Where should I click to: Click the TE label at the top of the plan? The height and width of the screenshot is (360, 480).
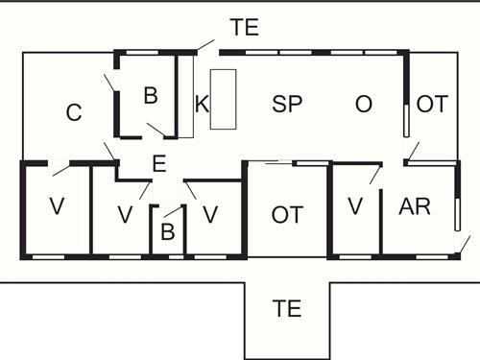click(245, 28)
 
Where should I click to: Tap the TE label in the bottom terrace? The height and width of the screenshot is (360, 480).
click(287, 309)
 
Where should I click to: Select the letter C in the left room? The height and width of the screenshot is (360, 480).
click(74, 113)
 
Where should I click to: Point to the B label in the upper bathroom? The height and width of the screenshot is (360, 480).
click(150, 95)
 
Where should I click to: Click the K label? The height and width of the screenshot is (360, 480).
click(202, 106)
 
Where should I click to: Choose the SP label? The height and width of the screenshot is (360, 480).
click(288, 105)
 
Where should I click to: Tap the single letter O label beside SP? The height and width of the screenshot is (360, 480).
click(363, 105)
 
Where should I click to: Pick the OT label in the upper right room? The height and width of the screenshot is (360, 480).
click(433, 105)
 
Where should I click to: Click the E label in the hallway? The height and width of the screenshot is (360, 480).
click(159, 163)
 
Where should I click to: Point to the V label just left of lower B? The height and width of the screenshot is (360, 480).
click(124, 214)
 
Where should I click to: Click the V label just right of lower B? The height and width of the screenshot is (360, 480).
click(209, 214)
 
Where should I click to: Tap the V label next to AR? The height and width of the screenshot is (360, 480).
click(356, 206)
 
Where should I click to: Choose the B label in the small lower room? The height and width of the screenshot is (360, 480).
click(167, 231)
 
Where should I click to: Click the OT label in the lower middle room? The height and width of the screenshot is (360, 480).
click(287, 214)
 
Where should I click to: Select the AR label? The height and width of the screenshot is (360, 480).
click(414, 206)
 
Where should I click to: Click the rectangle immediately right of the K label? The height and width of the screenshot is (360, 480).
click(223, 98)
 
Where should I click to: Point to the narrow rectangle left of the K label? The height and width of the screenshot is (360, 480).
click(186, 96)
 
